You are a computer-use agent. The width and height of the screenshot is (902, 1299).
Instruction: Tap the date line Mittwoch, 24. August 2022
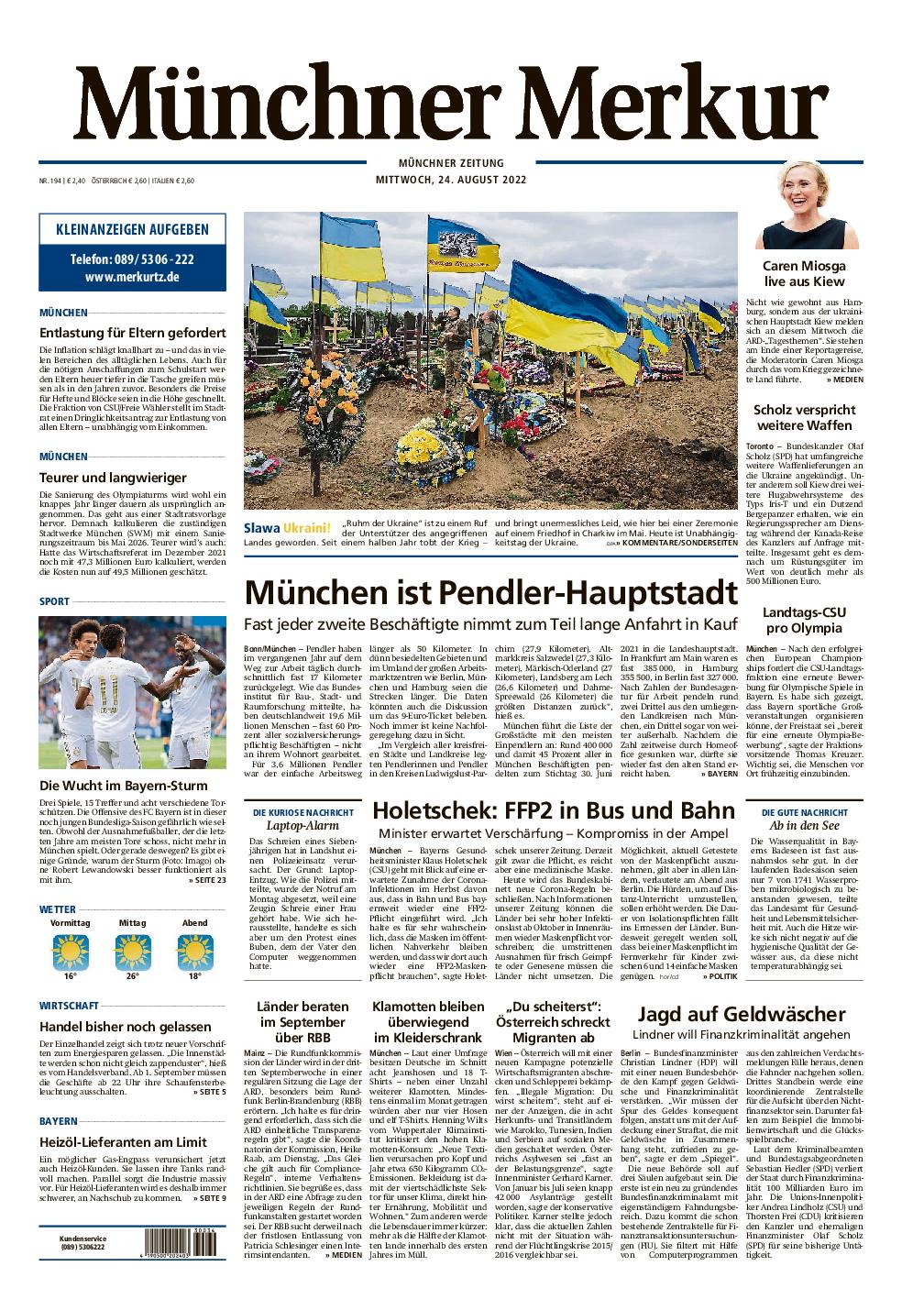[x=450, y=179]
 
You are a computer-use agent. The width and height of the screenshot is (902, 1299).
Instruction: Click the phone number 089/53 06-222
[x=132, y=259]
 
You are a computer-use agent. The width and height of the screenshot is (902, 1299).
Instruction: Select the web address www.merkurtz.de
[x=132, y=277]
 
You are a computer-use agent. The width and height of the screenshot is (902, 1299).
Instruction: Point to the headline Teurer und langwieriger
[x=113, y=477]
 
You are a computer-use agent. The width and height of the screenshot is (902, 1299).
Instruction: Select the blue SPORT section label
[x=53, y=601]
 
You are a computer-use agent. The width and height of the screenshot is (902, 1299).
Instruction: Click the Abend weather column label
[x=195, y=922]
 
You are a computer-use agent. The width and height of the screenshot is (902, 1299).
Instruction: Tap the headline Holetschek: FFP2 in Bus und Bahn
[x=554, y=811]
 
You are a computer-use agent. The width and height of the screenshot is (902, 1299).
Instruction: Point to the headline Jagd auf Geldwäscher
[x=741, y=1015]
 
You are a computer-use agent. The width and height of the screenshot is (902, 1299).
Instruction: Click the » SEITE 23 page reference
[x=207, y=880]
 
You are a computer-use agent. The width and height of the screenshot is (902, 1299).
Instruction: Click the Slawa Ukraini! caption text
[x=287, y=527]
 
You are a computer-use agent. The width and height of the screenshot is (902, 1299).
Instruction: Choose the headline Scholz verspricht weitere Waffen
[x=803, y=417]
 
